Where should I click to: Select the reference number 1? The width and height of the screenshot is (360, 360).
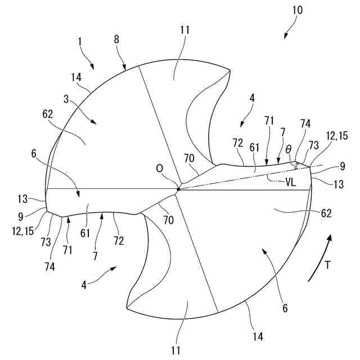pyautogui.click(x=80, y=41)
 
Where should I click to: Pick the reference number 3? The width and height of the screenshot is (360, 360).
pyautogui.click(x=66, y=98)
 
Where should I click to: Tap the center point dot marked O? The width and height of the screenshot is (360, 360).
pyautogui.click(x=178, y=189)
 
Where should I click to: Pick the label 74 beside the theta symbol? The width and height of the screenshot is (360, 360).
pyautogui.click(x=305, y=123)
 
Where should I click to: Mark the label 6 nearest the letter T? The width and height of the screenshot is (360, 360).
pyautogui.click(x=285, y=308)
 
